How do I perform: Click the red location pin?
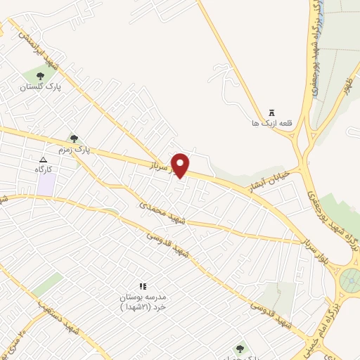pyautogui.click(x=181, y=165)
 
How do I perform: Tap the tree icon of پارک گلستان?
pyautogui.click(x=40, y=76)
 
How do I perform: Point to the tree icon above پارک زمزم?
pyautogui.click(x=74, y=139)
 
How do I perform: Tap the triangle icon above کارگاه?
pyautogui.click(x=44, y=160)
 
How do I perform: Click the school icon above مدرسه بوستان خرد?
pyautogui.click(x=143, y=286)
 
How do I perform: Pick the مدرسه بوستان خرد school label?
pyautogui.click(x=145, y=302)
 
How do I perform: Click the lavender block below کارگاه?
pyautogui.click(x=46, y=184)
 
